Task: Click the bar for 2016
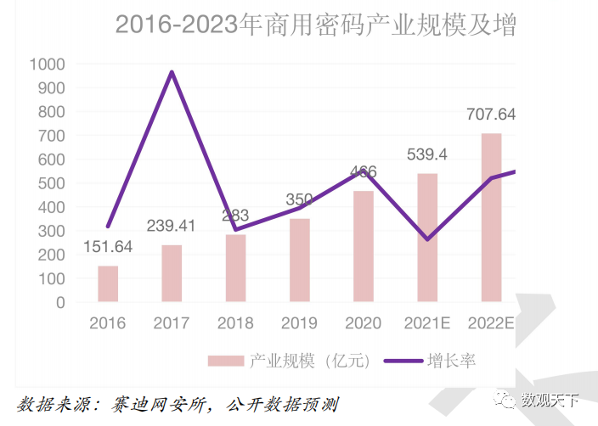(x=108, y=283)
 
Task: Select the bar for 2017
(x=172, y=273)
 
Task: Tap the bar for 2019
(x=299, y=260)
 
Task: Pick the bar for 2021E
(x=427, y=238)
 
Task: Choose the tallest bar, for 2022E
(x=491, y=217)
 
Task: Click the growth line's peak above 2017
(x=172, y=72)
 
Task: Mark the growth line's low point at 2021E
(x=426, y=239)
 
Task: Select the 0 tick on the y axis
(x=59, y=302)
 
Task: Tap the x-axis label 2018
(x=235, y=323)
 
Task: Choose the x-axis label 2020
(x=363, y=323)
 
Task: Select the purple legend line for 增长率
(x=403, y=362)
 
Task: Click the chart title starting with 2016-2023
(x=315, y=24)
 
